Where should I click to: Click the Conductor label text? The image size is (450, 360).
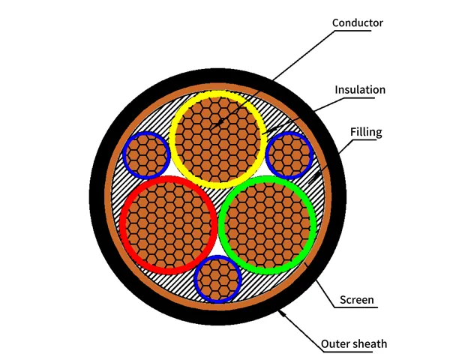[357, 23]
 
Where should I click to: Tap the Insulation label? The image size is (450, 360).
[360, 90]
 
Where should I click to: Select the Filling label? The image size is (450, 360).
[366, 132]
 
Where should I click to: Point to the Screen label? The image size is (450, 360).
[357, 300]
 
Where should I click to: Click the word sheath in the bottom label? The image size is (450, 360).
[370, 343]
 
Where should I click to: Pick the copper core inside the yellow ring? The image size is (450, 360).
[217, 139]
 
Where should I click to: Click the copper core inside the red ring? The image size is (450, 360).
[168, 225]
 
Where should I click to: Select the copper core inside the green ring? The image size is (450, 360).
[268, 225]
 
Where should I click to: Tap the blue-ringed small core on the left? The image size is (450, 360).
[147, 155]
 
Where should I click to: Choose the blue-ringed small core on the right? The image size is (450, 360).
[289, 155]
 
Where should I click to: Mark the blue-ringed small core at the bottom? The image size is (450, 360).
[217, 279]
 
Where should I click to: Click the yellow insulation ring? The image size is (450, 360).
[217, 139]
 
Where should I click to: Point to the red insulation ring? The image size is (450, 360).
[168, 225]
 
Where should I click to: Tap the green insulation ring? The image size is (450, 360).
[268, 225]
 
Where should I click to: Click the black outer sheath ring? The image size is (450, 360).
[217, 196]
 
